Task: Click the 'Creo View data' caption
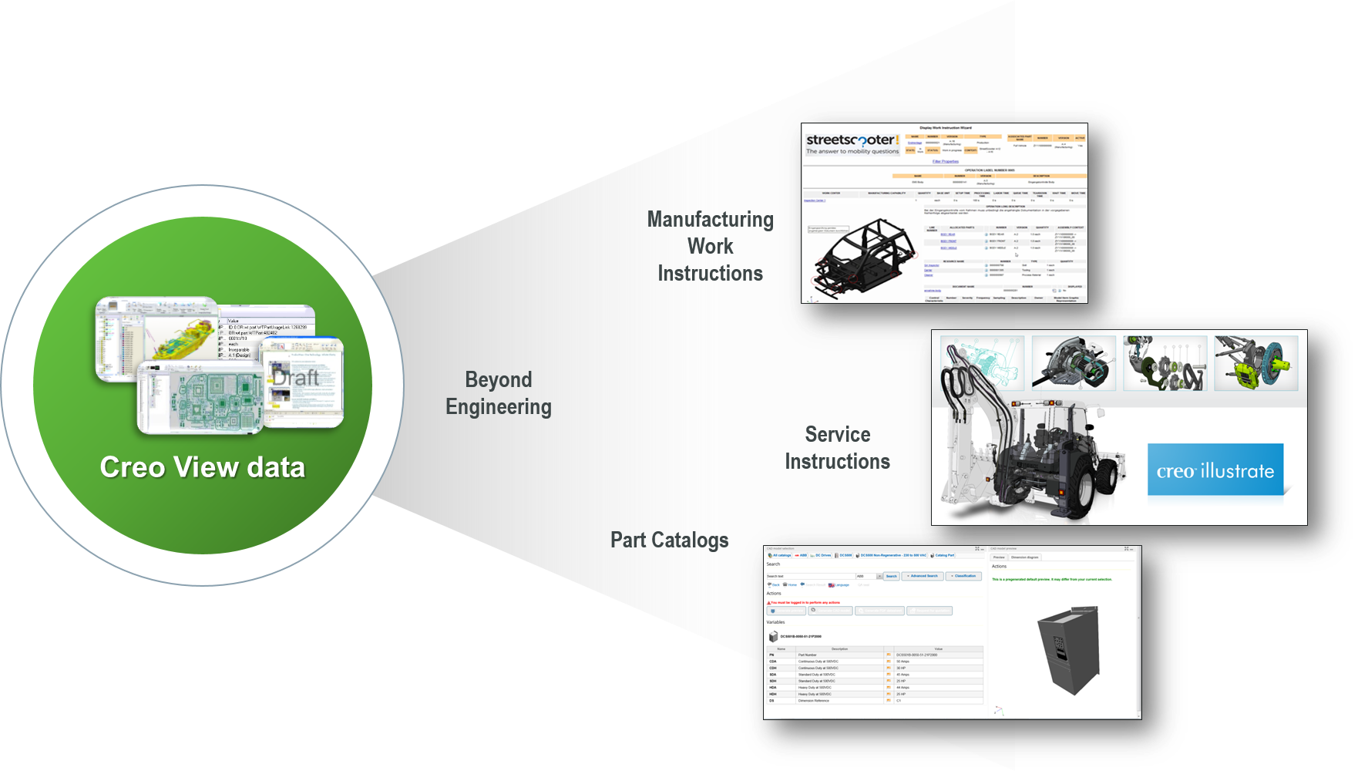[x=203, y=467]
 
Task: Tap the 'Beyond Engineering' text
[x=499, y=393]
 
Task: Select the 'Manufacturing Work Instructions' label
[x=710, y=247]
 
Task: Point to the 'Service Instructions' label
[x=837, y=448]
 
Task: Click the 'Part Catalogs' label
[x=669, y=540]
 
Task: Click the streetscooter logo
[x=852, y=143]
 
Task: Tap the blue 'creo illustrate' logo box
[x=1215, y=470]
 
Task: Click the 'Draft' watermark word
[x=295, y=378]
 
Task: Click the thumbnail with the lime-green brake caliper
[x=1255, y=362]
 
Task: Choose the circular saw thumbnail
[x=1073, y=362]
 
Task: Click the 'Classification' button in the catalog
[x=963, y=576]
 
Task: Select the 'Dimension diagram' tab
[x=1024, y=557]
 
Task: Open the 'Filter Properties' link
[x=945, y=162]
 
